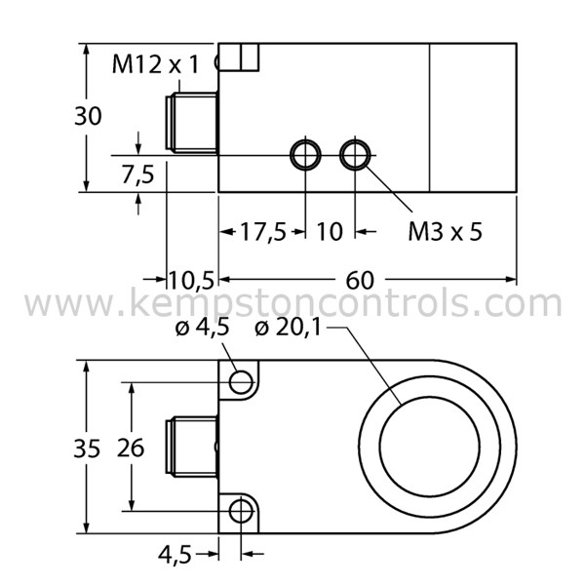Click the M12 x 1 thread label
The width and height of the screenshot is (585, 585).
pos(155,65)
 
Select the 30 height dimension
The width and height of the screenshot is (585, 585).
pos(89,116)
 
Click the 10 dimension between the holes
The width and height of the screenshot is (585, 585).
pos(331,231)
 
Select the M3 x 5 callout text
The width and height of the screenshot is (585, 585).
pos(445,231)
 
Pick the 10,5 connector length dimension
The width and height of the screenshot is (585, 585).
pos(191,280)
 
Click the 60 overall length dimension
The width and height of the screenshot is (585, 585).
pos(360,280)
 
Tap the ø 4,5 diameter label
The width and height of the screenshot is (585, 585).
pos(202,328)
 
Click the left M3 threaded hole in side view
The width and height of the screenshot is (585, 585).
pos(306,153)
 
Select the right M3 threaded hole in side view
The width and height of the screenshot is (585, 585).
pos(354,153)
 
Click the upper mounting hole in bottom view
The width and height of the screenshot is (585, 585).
pos(240,382)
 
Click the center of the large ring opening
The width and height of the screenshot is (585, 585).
pos(436,446)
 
